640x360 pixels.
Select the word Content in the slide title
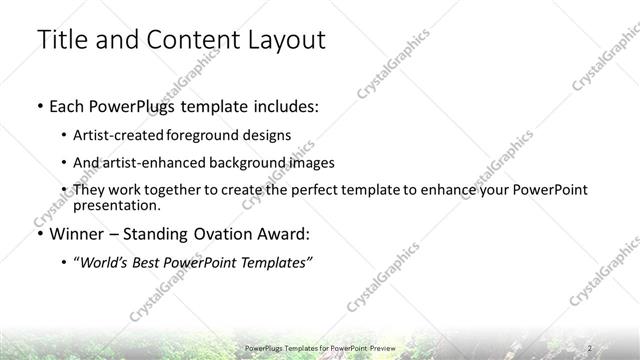(187, 40)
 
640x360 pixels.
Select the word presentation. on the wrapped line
(117, 205)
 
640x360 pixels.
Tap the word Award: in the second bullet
(285, 234)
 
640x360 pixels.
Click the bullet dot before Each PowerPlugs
(39, 106)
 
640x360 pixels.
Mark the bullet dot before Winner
(39, 235)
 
